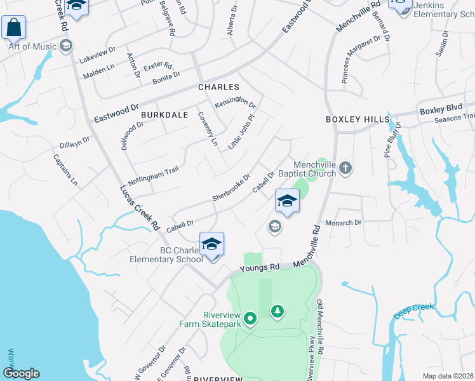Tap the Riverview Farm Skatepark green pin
[250, 318]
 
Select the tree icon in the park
[277, 311]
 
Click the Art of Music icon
[65, 46]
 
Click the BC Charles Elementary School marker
[212, 244]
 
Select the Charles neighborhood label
[218, 87]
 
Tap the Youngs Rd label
[260, 269]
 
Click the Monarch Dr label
[343, 223]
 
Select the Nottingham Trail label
[154, 173]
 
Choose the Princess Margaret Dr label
[364, 59]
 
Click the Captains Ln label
[65, 170]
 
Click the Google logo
[20, 373]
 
